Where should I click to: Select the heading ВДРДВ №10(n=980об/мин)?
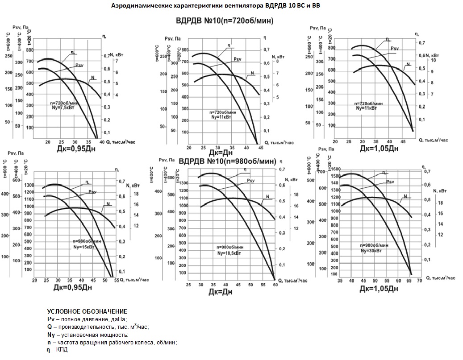(227, 161)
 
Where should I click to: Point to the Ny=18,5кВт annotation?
(229, 253)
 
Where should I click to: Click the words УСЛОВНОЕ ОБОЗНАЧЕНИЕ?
(87, 311)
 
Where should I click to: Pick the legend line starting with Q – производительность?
(98, 327)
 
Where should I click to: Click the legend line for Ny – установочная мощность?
(88, 335)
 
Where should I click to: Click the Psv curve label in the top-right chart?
(395, 48)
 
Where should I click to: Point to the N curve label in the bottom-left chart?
(108, 203)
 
